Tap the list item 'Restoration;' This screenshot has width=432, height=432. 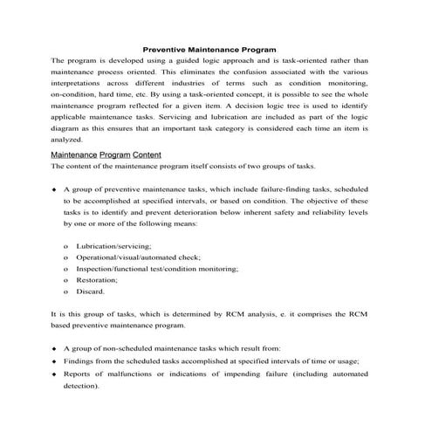99,281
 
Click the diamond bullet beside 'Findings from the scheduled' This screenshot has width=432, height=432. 54,360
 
